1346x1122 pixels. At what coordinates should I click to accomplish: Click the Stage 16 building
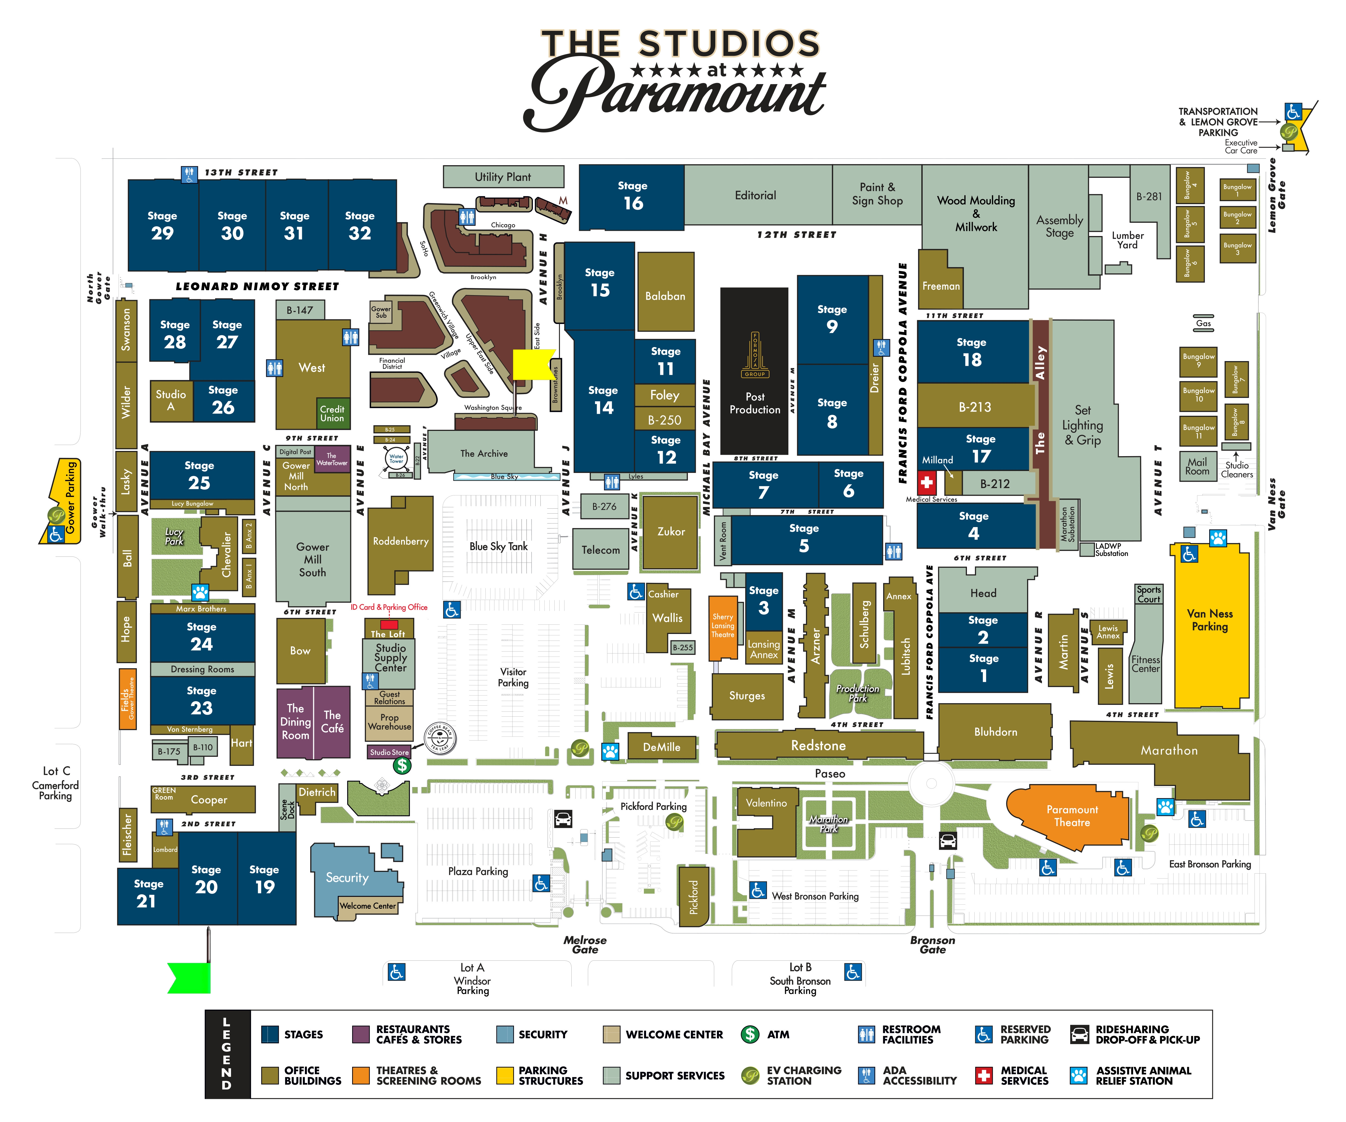click(632, 196)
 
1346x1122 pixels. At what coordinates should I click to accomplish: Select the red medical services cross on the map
click(926, 481)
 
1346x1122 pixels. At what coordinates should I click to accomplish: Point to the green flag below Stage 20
click(190, 978)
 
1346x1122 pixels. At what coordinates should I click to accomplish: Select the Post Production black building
click(754, 372)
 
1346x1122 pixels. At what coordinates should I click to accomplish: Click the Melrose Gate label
click(585, 944)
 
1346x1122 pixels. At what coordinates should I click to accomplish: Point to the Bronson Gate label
click(933, 944)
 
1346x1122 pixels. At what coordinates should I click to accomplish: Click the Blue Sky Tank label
click(498, 546)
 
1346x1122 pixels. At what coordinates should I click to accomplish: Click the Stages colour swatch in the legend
click(270, 1034)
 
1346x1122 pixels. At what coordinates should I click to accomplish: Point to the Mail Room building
click(1197, 466)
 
